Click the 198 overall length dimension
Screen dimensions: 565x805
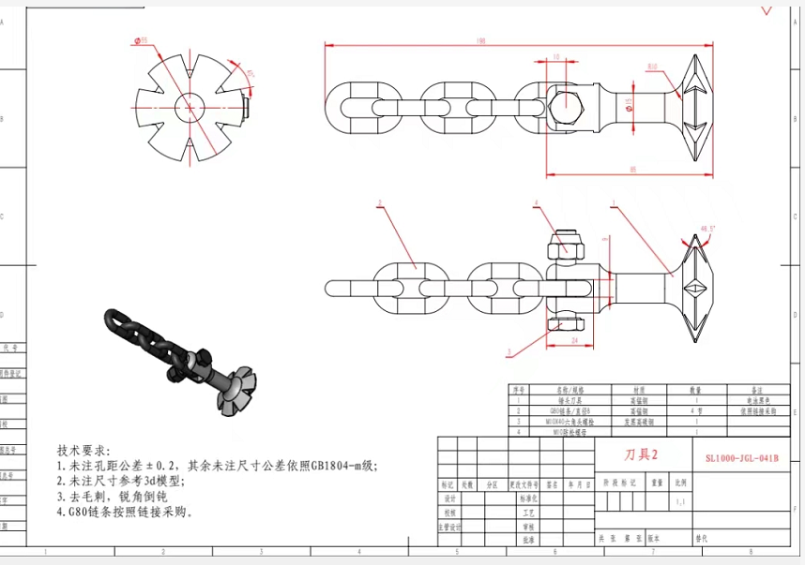click(480, 40)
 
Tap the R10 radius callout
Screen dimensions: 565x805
click(652, 67)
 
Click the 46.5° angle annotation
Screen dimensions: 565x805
click(708, 228)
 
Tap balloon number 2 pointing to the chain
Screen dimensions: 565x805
click(379, 202)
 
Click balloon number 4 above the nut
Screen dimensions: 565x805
click(537, 202)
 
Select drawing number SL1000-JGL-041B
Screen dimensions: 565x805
click(741, 458)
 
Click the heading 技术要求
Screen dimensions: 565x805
click(84, 450)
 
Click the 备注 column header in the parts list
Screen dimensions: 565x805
click(758, 389)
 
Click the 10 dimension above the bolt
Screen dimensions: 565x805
click(556, 57)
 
